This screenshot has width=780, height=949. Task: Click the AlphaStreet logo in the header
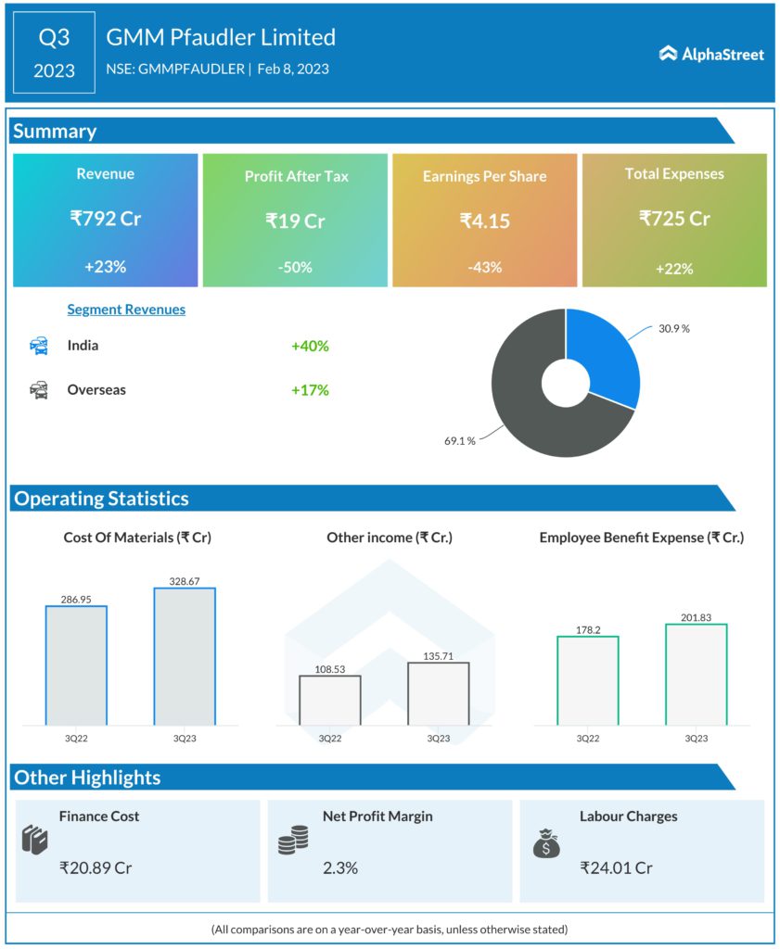711,54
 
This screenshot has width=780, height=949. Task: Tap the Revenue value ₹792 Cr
105,219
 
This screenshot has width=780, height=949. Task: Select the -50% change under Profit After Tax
296,267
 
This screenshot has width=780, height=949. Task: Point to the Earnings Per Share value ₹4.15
484,221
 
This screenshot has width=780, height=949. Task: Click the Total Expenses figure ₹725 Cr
674,219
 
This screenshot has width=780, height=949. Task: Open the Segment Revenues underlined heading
126,310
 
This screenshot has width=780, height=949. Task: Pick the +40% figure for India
310,346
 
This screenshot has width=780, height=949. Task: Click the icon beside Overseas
39,390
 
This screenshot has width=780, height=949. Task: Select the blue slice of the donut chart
603,352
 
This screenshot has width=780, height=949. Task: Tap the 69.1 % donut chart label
459,441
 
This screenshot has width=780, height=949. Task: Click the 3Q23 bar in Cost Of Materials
185,656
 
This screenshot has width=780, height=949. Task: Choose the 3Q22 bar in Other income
329,700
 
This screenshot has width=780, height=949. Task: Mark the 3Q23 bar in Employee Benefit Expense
696,674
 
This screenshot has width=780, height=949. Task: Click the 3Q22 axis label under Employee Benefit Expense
587,739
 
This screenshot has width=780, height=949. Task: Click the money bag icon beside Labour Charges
545,842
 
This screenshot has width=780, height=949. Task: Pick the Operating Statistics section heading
101,499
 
